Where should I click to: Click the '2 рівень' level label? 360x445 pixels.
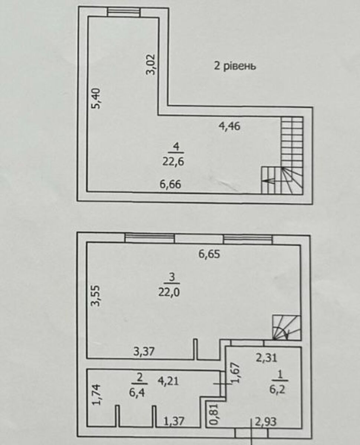[235, 66]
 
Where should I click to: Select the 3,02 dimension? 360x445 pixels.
[151, 65]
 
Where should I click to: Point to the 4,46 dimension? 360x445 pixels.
[229, 126]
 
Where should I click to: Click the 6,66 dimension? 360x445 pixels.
[170, 184]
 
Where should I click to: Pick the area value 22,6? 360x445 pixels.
[173, 161]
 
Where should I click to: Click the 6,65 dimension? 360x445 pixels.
[209, 254]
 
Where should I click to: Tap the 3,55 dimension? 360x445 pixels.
[97, 296]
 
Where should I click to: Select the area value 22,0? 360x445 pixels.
[169, 293]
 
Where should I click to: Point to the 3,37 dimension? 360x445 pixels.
[144, 352]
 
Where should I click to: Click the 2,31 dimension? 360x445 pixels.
[266, 358]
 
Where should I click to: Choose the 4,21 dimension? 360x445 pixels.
[168, 381]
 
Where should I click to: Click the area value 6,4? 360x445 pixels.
[137, 393]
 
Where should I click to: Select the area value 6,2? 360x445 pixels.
[277, 389]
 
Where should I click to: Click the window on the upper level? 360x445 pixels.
[124, 12]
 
